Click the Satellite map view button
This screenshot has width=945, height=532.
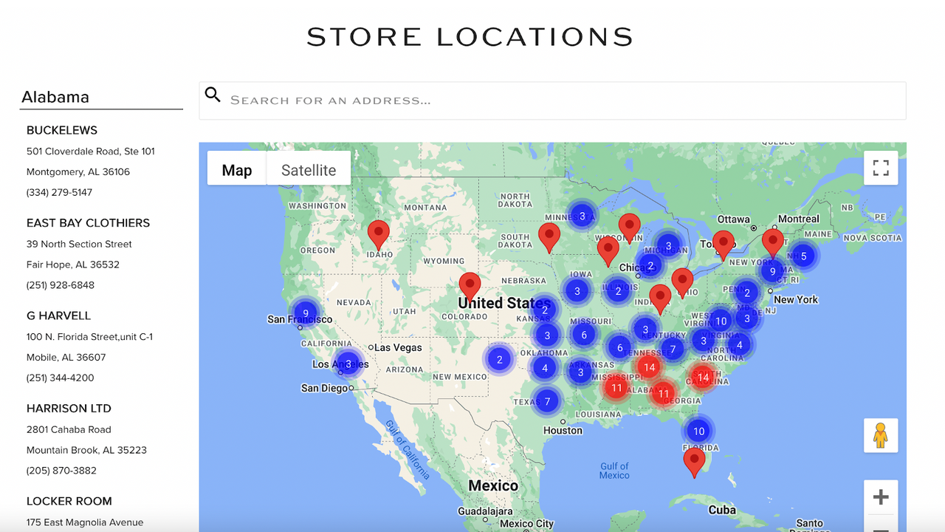(309, 170)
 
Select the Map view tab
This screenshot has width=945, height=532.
(237, 170)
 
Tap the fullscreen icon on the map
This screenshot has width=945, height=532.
(881, 168)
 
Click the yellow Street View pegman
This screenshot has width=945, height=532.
(881, 435)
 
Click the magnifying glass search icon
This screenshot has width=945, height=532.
(213, 95)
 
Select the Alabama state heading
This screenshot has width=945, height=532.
(55, 97)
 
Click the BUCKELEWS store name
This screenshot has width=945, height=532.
(62, 130)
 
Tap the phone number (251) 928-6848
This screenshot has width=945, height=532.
(61, 285)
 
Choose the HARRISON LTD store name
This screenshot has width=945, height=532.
(69, 408)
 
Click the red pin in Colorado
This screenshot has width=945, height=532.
(470, 286)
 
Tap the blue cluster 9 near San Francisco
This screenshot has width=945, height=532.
(305, 313)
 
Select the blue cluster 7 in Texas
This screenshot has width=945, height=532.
(547, 402)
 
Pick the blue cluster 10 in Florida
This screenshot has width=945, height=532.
(698, 431)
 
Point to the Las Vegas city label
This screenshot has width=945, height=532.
(398, 347)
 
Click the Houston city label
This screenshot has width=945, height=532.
(563, 430)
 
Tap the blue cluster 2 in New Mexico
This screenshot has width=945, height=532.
(500, 360)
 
